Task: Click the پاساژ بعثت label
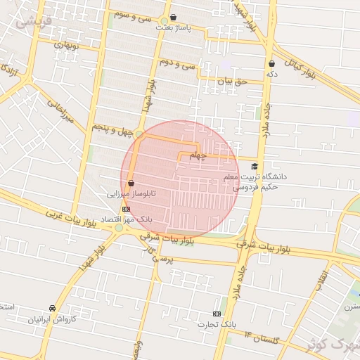[x=173, y=26]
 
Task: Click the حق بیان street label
[x=233, y=82]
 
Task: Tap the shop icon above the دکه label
[x=271, y=63]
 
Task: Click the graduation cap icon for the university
[x=254, y=167]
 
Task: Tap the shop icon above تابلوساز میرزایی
[x=131, y=184]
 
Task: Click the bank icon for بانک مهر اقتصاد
[x=125, y=209]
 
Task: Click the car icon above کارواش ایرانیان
[x=52, y=308]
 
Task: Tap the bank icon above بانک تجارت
[x=217, y=314]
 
